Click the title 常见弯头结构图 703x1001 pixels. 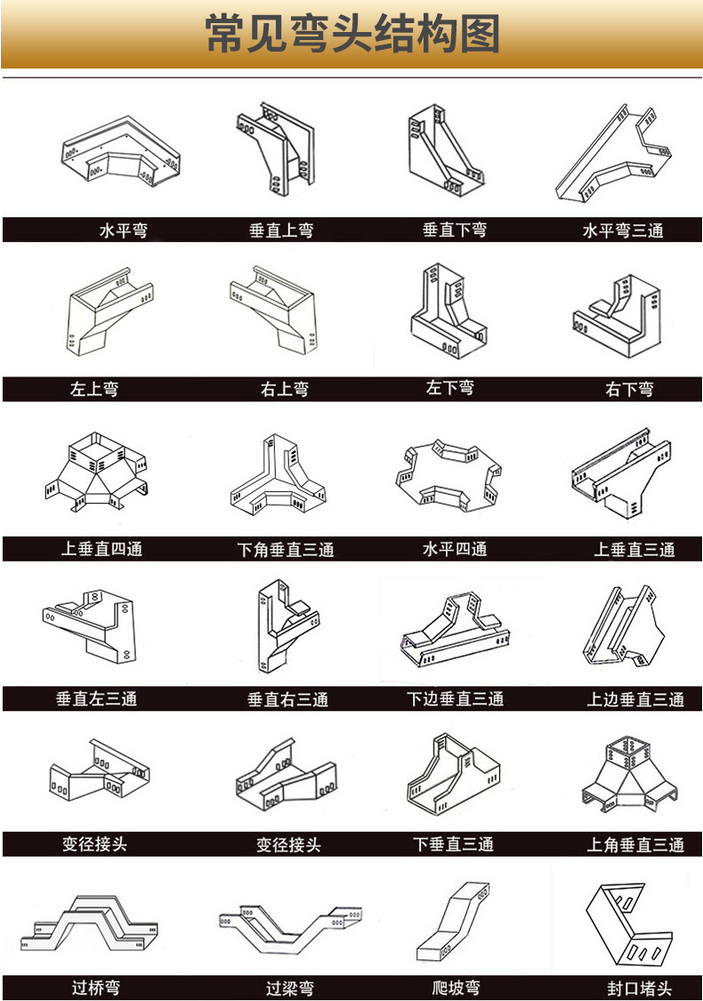tap(351, 34)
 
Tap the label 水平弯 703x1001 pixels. tap(123, 230)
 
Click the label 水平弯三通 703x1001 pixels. tap(623, 230)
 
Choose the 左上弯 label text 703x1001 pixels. tap(93, 389)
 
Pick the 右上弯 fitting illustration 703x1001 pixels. tap(273, 309)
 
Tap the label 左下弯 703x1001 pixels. tap(450, 388)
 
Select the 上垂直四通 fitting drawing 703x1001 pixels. tap(96, 471)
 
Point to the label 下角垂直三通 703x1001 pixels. tap(286, 549)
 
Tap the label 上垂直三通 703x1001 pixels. tap(634, 549)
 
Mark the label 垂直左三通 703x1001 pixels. tap(96, 699)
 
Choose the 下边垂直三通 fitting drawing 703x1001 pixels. tap(456, 629)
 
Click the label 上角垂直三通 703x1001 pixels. tap(635, 844)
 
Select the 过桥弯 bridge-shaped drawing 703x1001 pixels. tap(89, 923)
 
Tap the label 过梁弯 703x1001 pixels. tap(290, 989)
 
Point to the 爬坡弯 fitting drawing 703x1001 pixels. tap(454, 921)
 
